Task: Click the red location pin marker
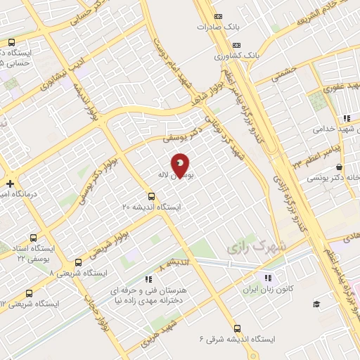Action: (x=181, y=167)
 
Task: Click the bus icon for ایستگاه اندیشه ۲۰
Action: (x=151, y=196)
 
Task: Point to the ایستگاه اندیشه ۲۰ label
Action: (x=151, y=207)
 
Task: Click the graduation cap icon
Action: (x=316, y=304)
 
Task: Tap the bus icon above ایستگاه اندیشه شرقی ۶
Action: (x=237, y=328)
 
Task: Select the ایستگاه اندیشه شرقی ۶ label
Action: (x=237, y=339)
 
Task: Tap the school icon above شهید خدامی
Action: (x=345, y=120)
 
